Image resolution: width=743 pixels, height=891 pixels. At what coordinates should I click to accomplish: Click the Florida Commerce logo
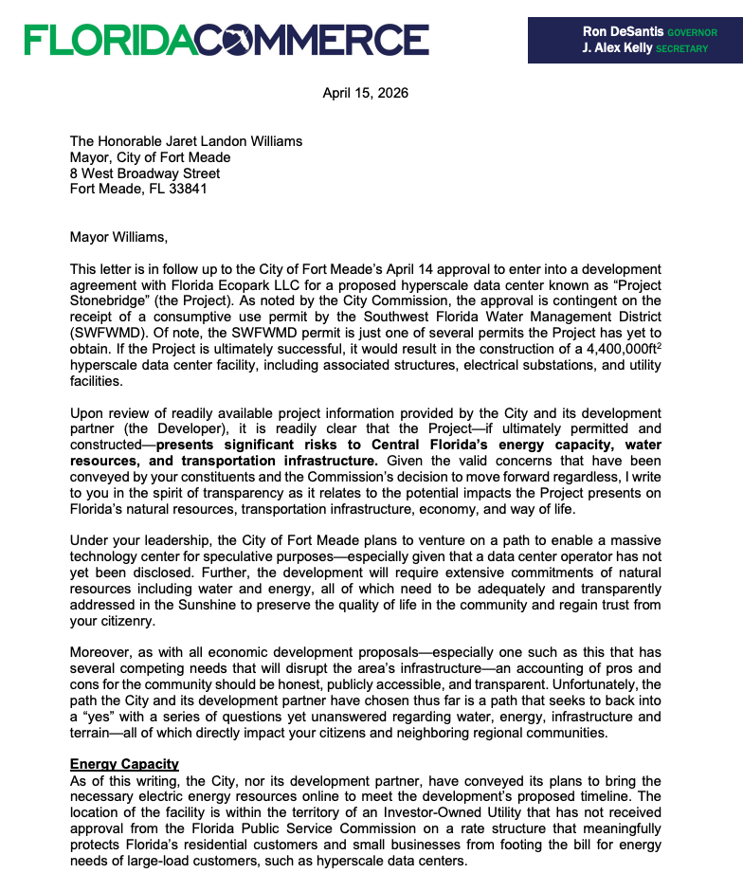click(x=227, y=39)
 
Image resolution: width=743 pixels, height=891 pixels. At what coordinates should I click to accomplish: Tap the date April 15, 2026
click(x=366, y=93)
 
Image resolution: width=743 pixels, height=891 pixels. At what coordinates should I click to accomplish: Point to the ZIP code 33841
click(x=188, y=188)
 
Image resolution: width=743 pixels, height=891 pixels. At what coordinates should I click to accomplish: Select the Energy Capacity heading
click(x=124, y=764)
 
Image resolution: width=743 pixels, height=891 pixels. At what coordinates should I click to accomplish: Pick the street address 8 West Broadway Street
click(x=145, y=173)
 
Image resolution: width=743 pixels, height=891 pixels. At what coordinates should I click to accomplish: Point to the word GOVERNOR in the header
click(x=692, y=32)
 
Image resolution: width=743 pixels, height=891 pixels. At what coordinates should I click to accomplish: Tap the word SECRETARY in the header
click(x=682, y=49)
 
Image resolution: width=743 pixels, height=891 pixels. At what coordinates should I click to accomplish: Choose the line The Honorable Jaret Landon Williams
click(x=186, y=140)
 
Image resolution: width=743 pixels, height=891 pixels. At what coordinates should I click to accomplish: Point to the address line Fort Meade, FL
click(x=108, y=188)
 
